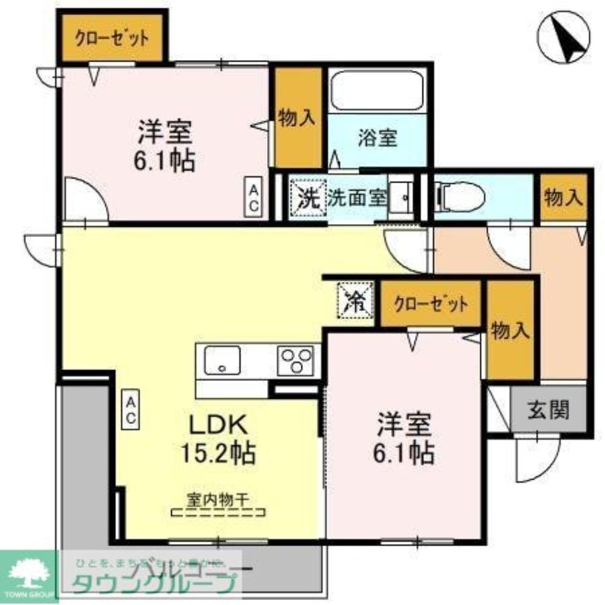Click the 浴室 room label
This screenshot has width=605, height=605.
tap(377, 138)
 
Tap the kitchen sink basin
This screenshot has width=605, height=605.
tap(223, 361)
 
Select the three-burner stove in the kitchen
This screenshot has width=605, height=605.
tap(295, 361)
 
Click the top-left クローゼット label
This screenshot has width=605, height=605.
tap(112, 38)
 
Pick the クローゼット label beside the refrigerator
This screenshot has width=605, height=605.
tap(430, 304)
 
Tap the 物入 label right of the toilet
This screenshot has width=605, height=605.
tap(563, 197)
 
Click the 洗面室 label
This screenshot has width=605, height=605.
tap(356, 198)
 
